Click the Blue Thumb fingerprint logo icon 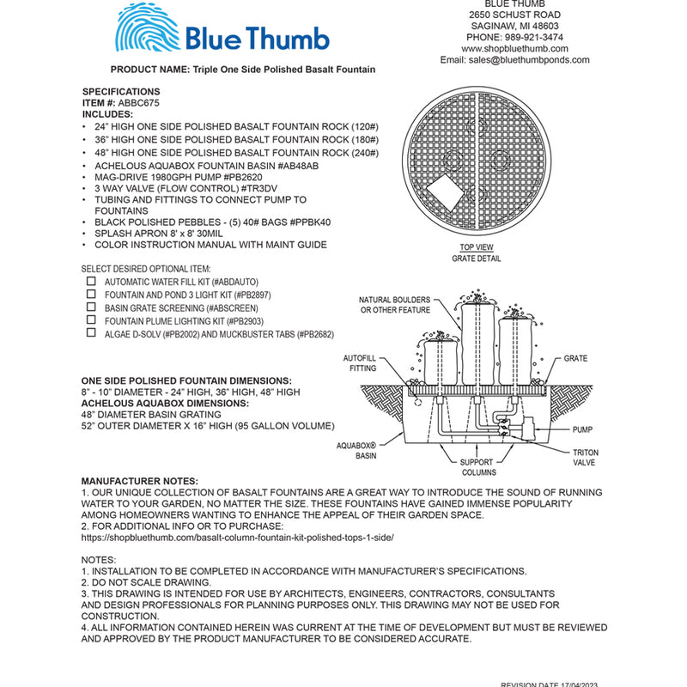[x=147, y=31]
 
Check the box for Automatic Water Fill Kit [x=91, y=281]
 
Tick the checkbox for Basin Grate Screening [x=91, y=307]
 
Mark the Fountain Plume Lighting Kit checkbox [x=91, y=319]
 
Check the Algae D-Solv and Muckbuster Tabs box [x=91, y=333]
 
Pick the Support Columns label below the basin [x=477, y=467]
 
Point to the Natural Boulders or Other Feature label [x=393, y=305]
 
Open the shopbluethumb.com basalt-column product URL [x=237, y=536]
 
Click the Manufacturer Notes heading [x=139, y=481]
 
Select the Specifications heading [x=121, y=91]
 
